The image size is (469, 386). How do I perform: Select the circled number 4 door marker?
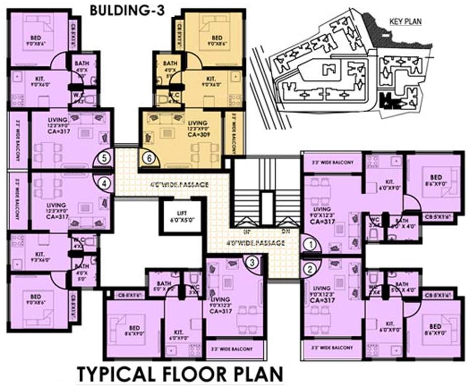click(104, 183)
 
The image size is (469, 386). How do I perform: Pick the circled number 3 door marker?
click(253, 261)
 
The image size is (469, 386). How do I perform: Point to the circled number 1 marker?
click(311, 245)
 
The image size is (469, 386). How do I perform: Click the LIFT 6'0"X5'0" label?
click(182, 216)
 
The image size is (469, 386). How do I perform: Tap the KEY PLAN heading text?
click(406, 22)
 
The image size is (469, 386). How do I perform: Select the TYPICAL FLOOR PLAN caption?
click(179, 374)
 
